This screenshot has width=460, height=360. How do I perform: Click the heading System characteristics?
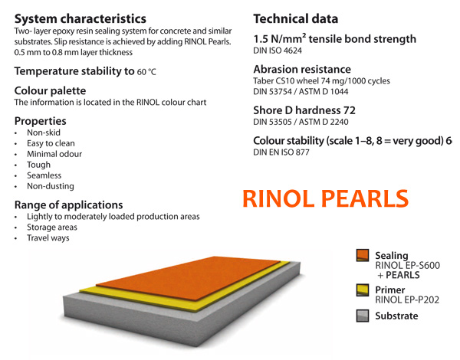point(80,18)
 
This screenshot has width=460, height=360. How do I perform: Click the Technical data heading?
point(296,18)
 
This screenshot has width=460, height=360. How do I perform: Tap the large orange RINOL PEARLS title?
point(325,198)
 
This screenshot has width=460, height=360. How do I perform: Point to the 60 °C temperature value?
point(146,72)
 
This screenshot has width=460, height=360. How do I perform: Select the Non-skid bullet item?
point(44,133)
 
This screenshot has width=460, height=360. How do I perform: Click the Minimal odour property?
point(54,154)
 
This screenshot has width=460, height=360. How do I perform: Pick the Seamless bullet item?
point(44,175)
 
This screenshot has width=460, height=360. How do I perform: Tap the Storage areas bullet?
point(52,227)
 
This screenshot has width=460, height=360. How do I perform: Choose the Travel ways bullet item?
point(48,237)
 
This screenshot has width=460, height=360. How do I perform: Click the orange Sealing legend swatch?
point(363,255)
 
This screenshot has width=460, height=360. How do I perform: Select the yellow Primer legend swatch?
point(363,290)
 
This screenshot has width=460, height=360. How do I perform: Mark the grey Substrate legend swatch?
point(363,316)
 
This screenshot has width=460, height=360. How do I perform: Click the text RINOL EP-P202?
point(407,300)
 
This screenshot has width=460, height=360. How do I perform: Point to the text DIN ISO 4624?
point(278,51)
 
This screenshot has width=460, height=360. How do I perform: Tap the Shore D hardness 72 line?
point(304,110)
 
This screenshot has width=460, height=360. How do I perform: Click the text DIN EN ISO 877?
point(281,152)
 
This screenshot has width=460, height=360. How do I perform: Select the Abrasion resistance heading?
point(302,69)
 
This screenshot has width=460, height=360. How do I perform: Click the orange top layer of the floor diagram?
point(188,277)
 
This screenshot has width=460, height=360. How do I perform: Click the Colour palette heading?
point(50,90)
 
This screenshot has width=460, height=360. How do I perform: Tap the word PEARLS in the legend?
point(402,275)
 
